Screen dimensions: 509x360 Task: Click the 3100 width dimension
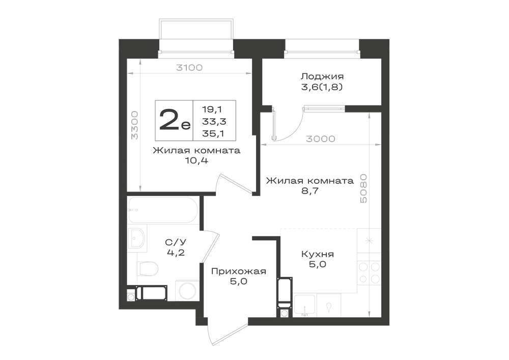[x=189, y=68]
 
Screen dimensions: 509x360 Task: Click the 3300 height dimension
[x=134, y=125]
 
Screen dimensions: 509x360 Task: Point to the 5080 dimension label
[x=363, y=188]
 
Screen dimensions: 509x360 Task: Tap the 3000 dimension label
[x=320, y=139]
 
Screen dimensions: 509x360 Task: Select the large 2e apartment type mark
[x=175, y=120]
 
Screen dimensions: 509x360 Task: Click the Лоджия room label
[x=322, y=76]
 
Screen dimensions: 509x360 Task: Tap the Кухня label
[x=318, y=254]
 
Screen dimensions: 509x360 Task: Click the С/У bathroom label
[x=176, y=242]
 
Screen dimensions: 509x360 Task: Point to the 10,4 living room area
[x=196, y=161]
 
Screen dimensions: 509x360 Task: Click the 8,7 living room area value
[x=309, y=190]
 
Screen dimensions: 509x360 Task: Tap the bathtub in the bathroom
[x=162, y=210]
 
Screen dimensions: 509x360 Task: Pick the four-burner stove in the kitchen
[x=369, y=273]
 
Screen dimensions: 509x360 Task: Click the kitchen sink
[x=304, y=305]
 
